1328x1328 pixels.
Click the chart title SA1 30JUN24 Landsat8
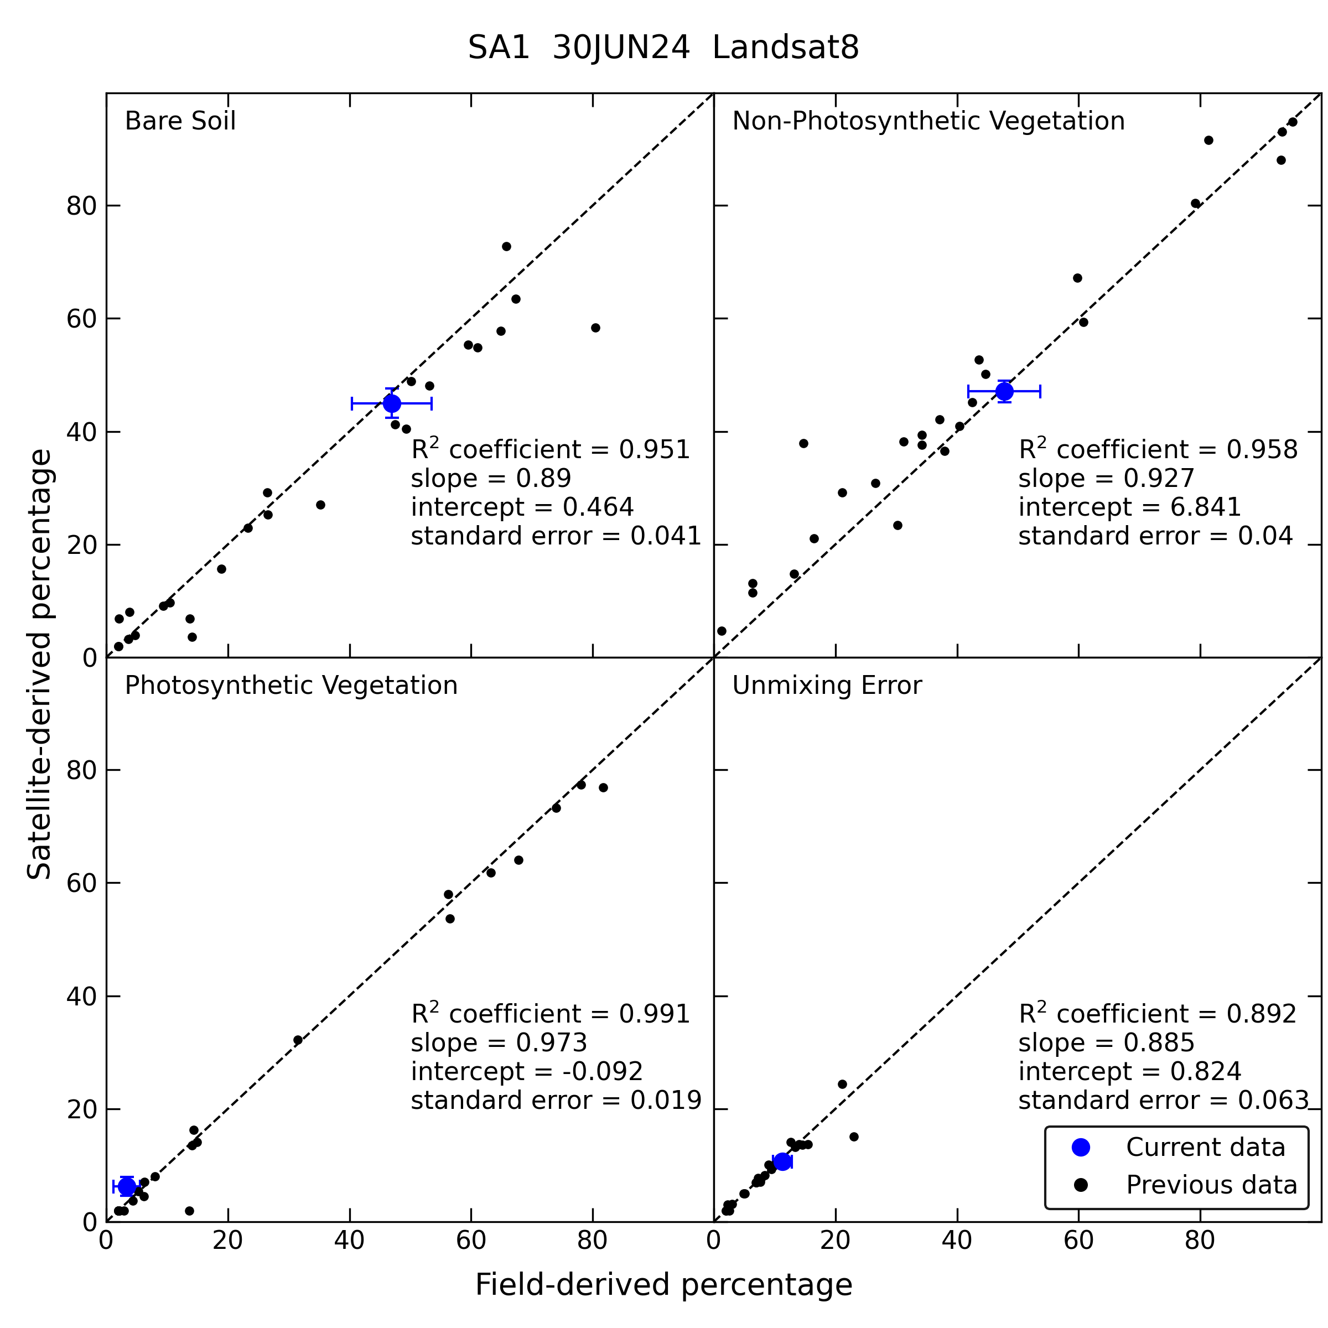tap(663, 49)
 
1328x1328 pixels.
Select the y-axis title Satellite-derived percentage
tap(39, 664)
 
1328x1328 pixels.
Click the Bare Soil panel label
tap(180, 121)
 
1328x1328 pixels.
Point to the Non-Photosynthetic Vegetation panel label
tap(928, 122)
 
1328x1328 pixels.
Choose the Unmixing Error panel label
tap(827, 686)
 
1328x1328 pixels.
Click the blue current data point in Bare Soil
tap(392, 403)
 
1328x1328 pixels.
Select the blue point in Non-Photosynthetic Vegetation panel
tap(1004, 391)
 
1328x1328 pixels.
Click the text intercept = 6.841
tap(1130, 507)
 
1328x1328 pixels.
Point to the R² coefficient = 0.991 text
tap(551, 1014)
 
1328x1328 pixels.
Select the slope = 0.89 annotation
tap(491, 479)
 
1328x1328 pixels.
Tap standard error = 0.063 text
tap(1164, 1101)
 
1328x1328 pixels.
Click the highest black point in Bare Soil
tap(507, 247)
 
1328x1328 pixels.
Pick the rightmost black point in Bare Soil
tap(595, 328)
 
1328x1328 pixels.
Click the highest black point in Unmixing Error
tap(843, 1084)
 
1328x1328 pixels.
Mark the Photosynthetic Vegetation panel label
tap(290, 686)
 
